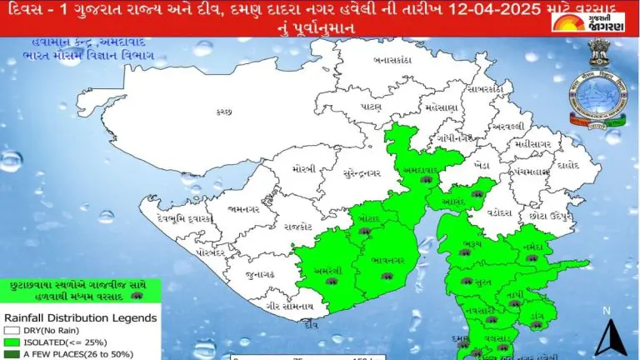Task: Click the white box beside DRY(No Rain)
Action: (x=10, y=331)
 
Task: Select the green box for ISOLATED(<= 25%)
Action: (x=10, y=342)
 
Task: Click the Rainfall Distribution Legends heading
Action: (x=80, y=317)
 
